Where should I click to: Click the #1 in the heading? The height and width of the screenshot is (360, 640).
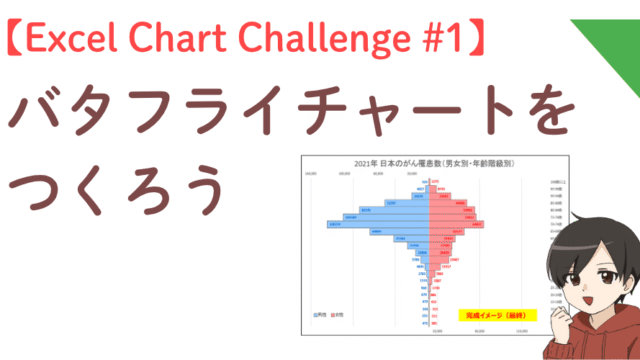436,40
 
